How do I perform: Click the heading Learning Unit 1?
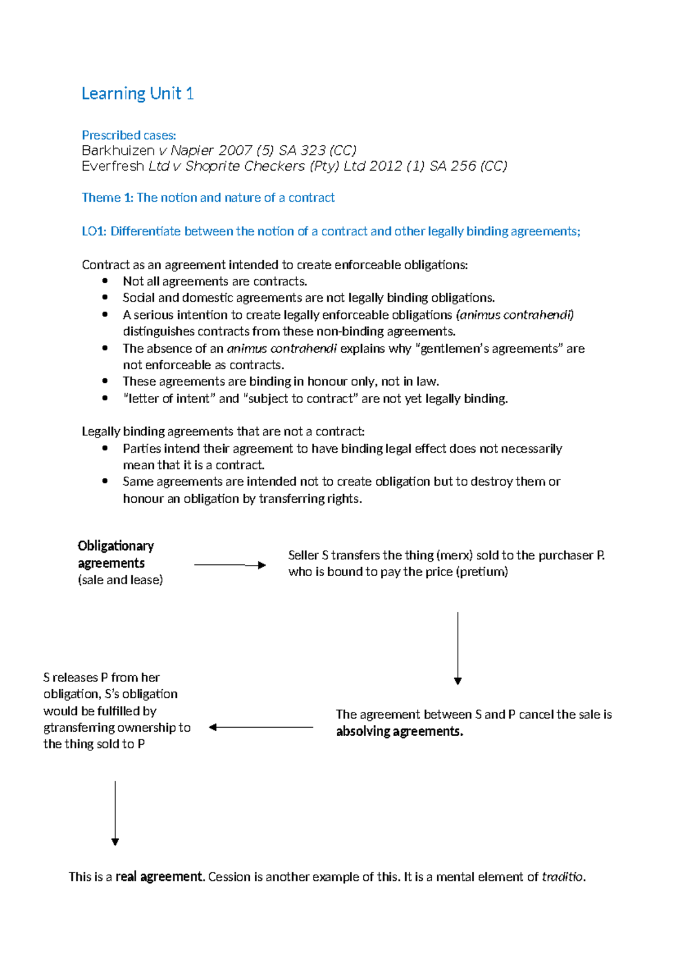[137, 93]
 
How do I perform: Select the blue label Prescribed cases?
[129, 135]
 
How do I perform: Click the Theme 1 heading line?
[208, 197]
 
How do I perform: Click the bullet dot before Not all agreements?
[105, 281]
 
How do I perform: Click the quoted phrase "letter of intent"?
[169, 399]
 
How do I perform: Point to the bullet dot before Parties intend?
[105, 448]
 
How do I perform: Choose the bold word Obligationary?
[116, 546]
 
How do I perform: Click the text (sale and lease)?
[120, 580]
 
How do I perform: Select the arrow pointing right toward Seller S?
[229, 565]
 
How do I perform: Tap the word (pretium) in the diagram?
[483, 572]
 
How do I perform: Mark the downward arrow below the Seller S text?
[458, 648]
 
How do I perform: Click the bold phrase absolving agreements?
[399, 731]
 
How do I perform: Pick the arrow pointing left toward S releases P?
[260, 727]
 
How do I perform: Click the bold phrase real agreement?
[159, 876]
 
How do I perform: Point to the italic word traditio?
[562, 876]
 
